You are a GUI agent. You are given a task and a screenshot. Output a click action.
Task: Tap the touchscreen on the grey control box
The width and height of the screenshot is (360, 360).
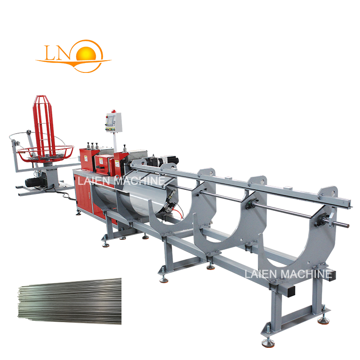(x=111, y=120)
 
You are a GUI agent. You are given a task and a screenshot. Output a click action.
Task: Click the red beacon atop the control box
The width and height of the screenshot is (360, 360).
(x=113, y=111)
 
